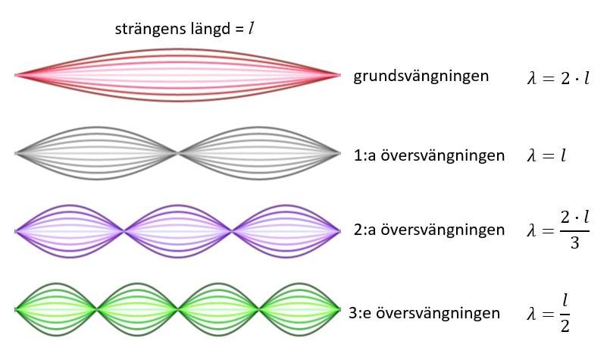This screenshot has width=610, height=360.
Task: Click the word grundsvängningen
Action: pos(421,77)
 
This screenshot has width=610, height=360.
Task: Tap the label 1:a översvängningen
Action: pos(429,155)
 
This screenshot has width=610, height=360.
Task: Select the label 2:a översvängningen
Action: pos(429,230)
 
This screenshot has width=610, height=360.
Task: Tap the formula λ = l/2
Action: pos(548,313)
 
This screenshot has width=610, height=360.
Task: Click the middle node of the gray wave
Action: pos(178,154)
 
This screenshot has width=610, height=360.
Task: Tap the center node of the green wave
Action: pos(178,309)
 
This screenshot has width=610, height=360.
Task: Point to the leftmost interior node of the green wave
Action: pos(97,309)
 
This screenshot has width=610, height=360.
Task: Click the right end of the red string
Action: pos(339,75)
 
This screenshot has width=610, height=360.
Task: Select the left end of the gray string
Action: pos(17,154)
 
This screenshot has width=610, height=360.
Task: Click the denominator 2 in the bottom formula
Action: pos(564,326)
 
